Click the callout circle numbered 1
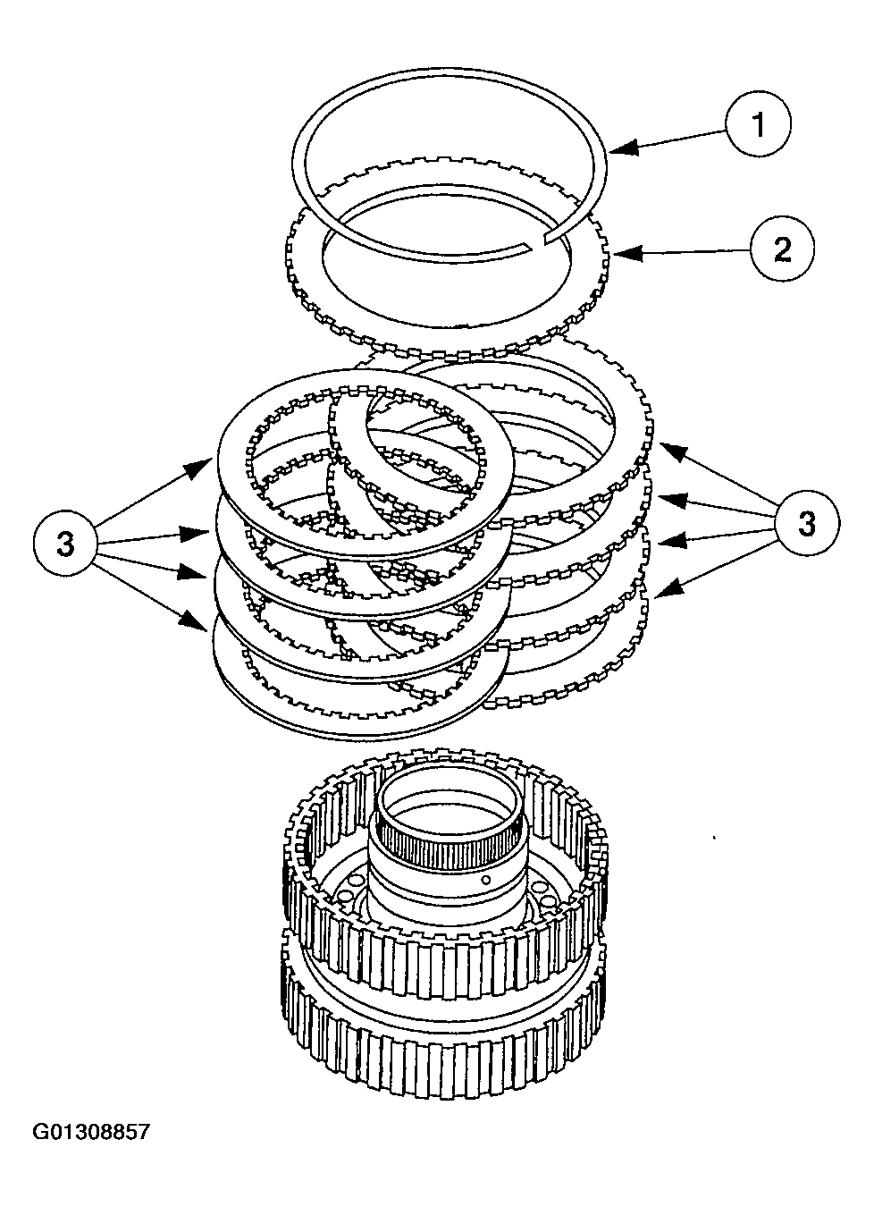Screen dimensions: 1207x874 (x=757, y=125)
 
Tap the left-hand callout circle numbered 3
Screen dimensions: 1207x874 (x=65, y=544)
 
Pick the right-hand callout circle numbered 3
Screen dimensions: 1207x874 (x=806, y=523)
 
